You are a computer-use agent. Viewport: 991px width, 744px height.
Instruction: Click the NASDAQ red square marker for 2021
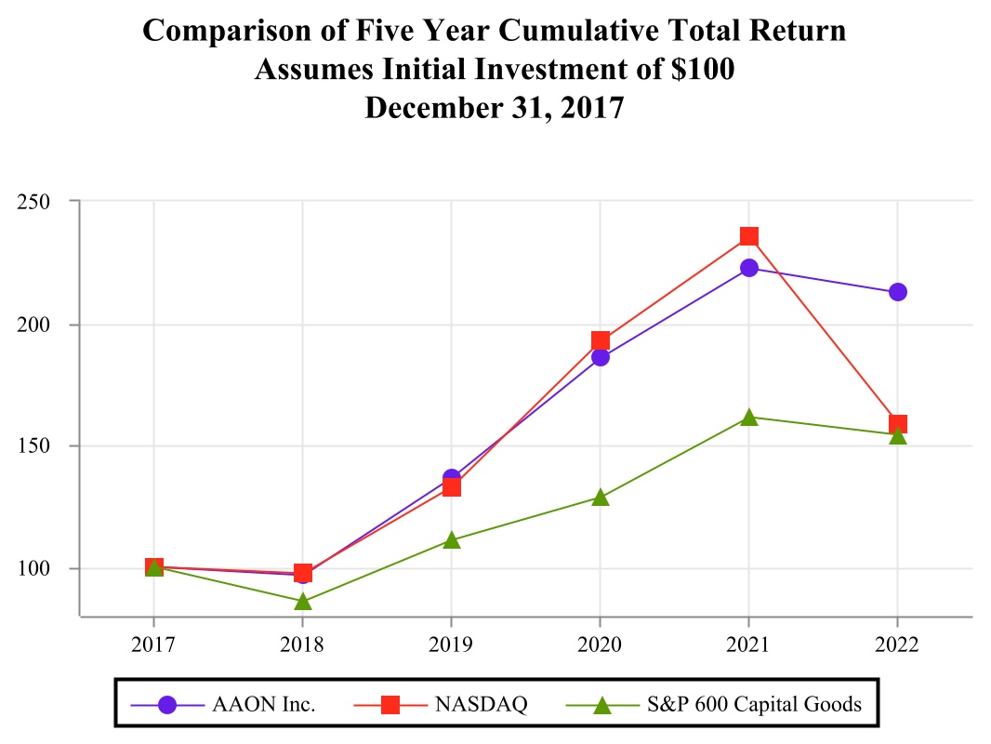pyautogui.click(x=749, y=236)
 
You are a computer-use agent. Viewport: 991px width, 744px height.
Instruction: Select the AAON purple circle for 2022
pyautogui.click(x=897, y=292)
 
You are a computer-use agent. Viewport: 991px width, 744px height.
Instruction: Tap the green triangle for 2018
pyautogui.click(x=303, y=602)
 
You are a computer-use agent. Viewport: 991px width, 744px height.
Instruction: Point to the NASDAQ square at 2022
pyautogui.click(x=897, y=424)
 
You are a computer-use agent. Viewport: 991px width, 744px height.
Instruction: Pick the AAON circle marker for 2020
pyautogui.click(x=601, y=357)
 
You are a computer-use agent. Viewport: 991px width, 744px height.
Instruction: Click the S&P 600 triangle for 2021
pyautogui.click(x=749, y=418)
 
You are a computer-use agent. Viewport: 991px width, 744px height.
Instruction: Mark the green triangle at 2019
pyautogui.click(x=452, y=540)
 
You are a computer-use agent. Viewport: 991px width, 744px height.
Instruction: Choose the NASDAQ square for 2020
pyautogui.click(x=601, y=341)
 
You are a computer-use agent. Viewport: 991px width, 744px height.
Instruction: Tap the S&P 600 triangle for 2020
pyautogui.click(x=601, y=498)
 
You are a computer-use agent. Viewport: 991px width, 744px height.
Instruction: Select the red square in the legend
pyautogui.click(x=390, y=705)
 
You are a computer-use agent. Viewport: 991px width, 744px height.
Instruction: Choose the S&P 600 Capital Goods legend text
pyautogui.click(x=754, y=705)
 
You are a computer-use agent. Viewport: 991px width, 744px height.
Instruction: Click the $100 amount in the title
pyautogui.click(x=705, y=70)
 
